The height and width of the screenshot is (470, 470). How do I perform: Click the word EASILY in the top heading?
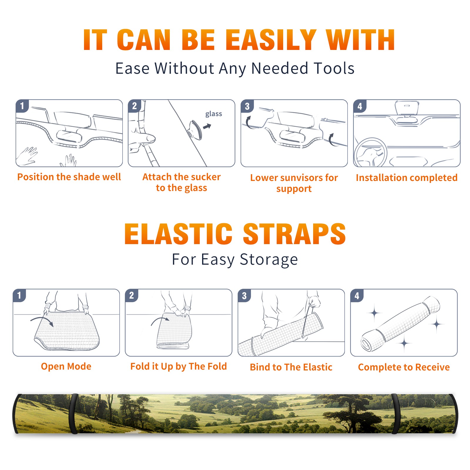click(271, 40)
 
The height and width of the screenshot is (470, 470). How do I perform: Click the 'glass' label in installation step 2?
click(214, 114)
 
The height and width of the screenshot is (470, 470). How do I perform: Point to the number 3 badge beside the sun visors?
click(247, 106)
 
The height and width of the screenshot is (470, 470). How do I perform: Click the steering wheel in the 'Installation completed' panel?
click(370, 153)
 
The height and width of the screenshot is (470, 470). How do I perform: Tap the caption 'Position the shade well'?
click(69, 177)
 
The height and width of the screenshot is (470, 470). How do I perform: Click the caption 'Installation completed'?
click(407, 178)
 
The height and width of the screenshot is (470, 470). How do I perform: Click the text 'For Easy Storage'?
click(235, 260)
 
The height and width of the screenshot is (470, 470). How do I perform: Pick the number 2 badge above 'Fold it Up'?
click(131, 296)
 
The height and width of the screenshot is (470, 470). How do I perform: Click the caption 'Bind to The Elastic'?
click(291, 367)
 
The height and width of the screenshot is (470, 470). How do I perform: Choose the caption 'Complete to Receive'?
click(404, 367)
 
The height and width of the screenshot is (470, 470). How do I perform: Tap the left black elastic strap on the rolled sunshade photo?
click(73, 414)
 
